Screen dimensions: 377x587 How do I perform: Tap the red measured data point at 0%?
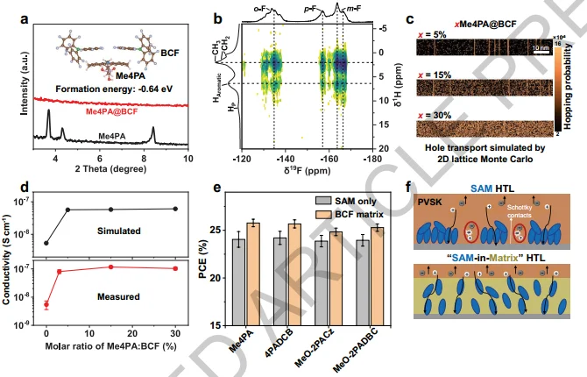click(46, 305)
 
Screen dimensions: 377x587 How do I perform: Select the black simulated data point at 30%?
click(177, 209)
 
